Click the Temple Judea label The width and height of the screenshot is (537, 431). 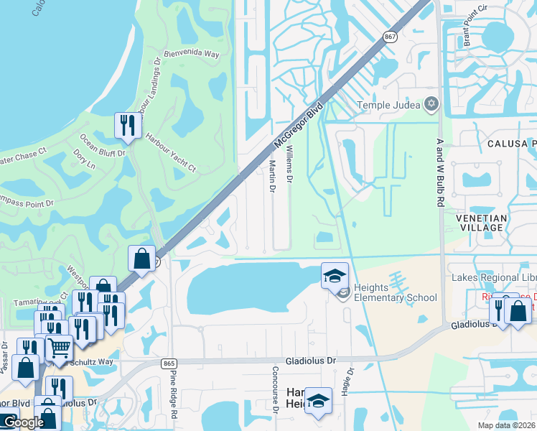tap(388, 106)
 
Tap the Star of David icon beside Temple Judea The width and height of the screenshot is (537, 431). tap(431, 105)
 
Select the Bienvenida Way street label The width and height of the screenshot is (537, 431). tap(190, 53)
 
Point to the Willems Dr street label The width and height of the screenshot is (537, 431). tap(290, 163)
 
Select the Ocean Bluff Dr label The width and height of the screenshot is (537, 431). tap(103, 146)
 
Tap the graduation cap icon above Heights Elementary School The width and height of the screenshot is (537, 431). tap(335, 275)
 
